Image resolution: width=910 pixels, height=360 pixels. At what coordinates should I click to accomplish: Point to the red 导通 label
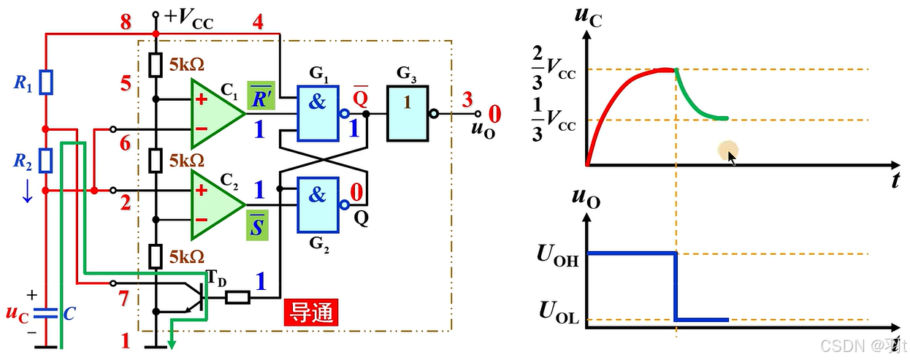(x=311, y=313)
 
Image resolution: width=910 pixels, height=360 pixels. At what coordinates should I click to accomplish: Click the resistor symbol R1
(x=46, y=83)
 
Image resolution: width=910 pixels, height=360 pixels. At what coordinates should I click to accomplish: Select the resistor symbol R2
(x=46, y=159)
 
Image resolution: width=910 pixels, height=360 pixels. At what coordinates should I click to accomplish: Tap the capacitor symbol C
(x=46, y=314)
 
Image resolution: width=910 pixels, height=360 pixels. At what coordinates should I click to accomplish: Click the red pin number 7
(x=125, y=297)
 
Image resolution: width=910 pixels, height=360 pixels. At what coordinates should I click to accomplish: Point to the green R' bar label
(x=260, y=98)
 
